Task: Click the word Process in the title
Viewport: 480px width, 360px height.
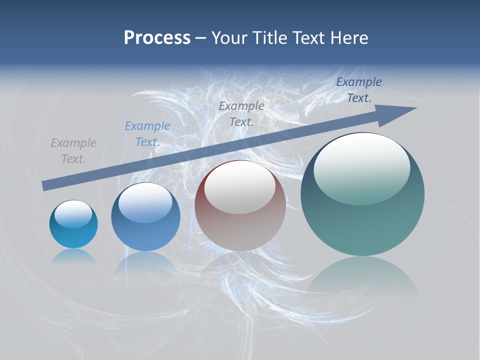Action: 157,38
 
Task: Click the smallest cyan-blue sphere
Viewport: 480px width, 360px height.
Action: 73,232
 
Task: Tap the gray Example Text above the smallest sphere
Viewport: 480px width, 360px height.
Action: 73,150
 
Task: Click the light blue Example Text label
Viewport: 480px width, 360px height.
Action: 147,133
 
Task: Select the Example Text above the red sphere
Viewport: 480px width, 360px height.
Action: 241,113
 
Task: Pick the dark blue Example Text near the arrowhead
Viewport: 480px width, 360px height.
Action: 359,90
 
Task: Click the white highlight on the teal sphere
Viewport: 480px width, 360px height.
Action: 361,167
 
